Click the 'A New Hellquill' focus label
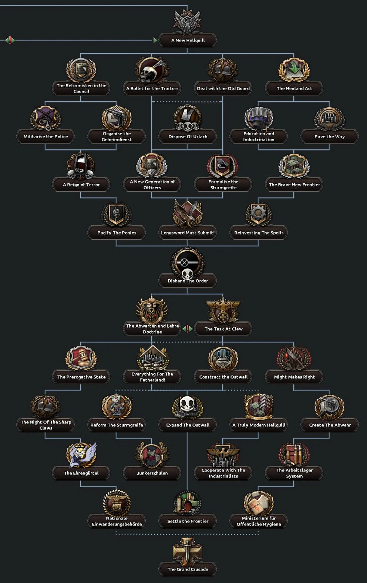188,40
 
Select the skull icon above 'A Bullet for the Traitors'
152,70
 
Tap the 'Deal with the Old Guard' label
223,88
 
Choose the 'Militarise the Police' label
46,137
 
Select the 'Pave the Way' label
329,137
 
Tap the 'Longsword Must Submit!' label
188,233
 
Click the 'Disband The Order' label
188,281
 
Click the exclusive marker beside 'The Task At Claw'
188,328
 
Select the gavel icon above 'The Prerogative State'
81,358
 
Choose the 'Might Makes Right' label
294,377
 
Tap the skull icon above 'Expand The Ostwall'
188,406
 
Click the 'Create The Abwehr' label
330,425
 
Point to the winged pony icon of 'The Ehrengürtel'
81,455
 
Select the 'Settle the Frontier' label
188,521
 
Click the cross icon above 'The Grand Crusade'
188,551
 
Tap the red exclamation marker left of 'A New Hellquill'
10,40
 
